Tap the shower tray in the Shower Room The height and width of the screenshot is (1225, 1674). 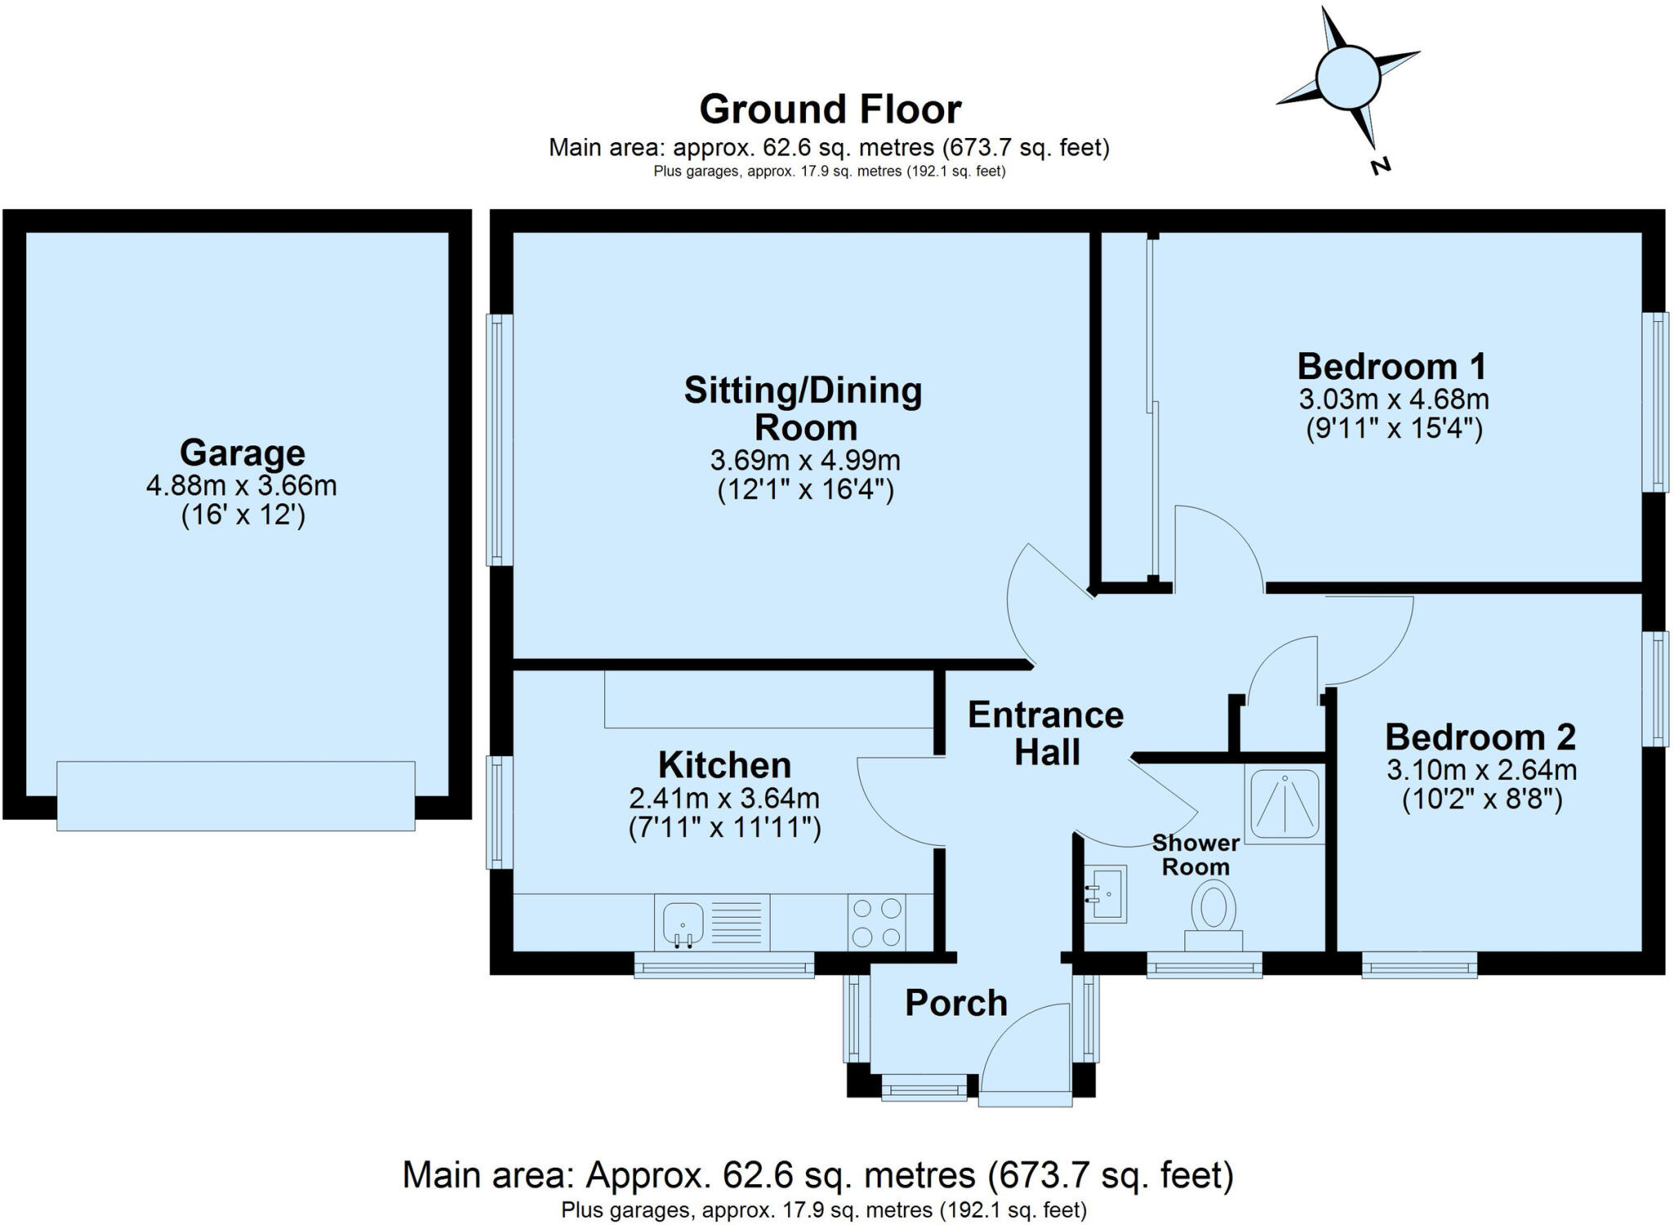tap(1284, 803)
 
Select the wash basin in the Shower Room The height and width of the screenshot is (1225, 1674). tap(1106, 894)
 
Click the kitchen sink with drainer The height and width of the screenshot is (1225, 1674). tap(712, 923)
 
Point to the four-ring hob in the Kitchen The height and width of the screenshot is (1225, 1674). tap(876, 922)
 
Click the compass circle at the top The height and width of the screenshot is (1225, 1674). tap(1348, 78)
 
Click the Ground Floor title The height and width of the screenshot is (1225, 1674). tap(830, 110)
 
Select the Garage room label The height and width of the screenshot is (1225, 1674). tap(242, 452)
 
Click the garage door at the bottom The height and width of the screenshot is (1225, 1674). tap(235, 796)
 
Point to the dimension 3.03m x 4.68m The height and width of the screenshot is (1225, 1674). tap(1393, 400)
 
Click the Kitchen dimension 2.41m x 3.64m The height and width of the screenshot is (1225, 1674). tap(723, 798)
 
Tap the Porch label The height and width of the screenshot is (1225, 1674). tap(956, 1003)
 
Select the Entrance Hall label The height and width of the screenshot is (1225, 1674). tap(1045, 733)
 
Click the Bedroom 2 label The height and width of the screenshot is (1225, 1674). tap(1479, 737)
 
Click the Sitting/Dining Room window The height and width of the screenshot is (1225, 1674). tap(499, 440)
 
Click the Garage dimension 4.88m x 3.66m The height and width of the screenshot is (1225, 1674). tap(241, 485)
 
